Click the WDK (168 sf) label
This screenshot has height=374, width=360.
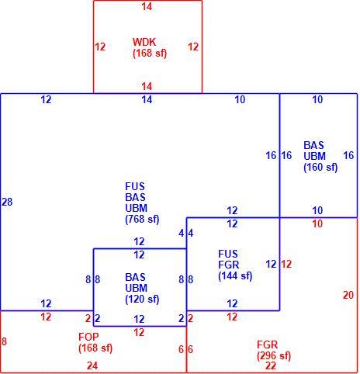(150, 47)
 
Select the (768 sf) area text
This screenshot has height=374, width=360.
(142, 219)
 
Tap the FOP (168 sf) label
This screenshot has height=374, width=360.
(95, 342)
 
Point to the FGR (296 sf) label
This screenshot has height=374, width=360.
(274, 350)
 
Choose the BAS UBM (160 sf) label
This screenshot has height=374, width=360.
(320, 156)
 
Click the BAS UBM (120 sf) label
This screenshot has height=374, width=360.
(142, 288)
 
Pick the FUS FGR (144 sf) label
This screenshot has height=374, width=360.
(235, 265)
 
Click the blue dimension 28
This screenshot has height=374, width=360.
(7, 202)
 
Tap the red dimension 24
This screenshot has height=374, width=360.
(92, 365)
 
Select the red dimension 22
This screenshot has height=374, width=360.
(271, 365)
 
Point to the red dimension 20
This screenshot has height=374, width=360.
(348, 295)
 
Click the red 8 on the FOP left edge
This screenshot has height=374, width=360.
(4, 341)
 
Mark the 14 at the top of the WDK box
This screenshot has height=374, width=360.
(147, 6)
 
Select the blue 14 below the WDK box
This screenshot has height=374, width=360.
(147, 99)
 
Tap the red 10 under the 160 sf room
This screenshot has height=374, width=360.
(317, 223)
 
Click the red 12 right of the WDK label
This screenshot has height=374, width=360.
(193, 47)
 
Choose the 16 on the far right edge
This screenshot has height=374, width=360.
(348, 155)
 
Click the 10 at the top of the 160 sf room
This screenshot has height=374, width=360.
(317, 99)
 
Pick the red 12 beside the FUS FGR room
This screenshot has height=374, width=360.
(286, 264)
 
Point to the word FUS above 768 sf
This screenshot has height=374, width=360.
(135, 186)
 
